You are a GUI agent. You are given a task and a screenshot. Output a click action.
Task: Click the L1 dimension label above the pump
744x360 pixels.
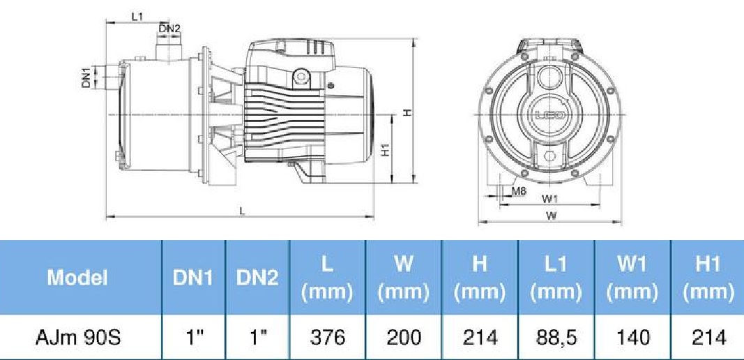137,17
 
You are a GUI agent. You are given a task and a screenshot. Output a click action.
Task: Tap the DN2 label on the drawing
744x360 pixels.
169,29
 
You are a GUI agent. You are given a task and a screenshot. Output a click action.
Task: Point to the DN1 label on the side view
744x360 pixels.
86,77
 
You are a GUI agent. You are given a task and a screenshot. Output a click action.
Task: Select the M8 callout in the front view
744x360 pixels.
519,192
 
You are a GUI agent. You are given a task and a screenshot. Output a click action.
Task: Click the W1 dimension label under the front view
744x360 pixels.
549,198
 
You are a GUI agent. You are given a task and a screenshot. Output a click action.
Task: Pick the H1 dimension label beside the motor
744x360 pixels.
386,150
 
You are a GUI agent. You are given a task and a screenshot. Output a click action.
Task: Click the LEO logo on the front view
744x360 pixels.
550,115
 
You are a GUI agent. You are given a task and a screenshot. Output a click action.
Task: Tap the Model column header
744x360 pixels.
77,278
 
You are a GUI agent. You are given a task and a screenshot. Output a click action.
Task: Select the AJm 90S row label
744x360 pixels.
78,338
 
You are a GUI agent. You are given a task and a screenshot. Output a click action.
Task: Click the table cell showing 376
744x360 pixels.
328,338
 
